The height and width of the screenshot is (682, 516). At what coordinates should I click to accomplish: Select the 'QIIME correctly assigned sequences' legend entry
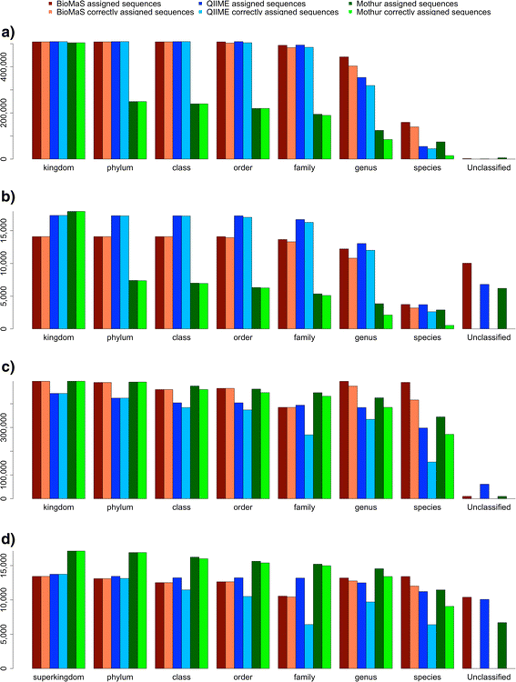tap(272, 13)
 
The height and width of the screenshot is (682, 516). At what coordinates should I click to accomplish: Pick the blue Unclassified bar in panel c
tap(484, 491)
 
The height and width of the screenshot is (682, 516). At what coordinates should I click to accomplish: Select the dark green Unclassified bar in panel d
tap(501, 646)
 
